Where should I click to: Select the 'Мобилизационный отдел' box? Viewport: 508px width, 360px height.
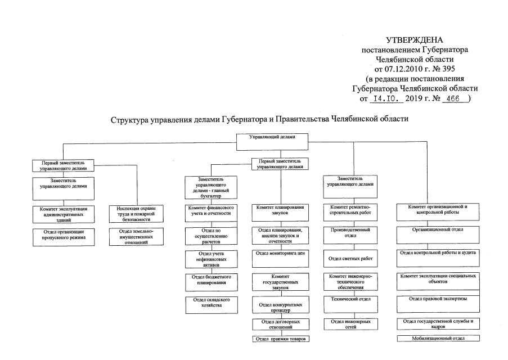[x=438, y=339]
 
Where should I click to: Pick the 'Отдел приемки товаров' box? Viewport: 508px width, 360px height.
[x=280, y=339]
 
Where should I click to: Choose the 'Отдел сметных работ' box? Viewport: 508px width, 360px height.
[x=350, y=258]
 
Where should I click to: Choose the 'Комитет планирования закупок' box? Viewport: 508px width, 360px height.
[x=280, y=210]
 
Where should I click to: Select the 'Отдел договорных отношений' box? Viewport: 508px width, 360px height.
[x=280, y=325]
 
